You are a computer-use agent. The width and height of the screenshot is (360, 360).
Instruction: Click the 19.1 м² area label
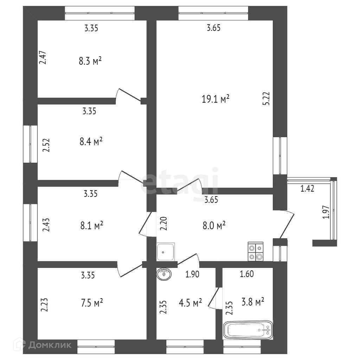(x=215, y=99)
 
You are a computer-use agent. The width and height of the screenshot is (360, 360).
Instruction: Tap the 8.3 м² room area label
(x=90, y=61)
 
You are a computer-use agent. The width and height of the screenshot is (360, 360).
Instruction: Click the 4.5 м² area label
(x=190, y=302)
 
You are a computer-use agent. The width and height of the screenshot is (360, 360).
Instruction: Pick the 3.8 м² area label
(x=252, y=302)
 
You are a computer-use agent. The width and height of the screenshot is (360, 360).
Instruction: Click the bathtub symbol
(x=248, y=330)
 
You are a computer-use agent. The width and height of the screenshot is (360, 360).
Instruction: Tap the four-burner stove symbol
(x=255, y=252)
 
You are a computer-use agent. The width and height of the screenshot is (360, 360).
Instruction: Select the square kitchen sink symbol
(x=166, y=252)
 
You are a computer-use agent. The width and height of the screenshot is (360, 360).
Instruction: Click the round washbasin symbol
(x=164, y=274)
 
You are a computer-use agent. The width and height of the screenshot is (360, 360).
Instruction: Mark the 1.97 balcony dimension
(x=326, y=212)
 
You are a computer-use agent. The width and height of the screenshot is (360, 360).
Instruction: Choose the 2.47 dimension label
(x=42, y=57)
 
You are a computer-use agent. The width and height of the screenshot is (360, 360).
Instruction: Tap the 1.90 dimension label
(x=192, y=274)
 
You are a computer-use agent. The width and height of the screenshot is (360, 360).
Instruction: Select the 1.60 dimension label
(x=247, y=274)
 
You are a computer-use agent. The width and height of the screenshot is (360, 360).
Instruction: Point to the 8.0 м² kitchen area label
(x=213, y=225)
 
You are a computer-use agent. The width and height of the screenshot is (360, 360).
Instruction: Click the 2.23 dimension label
(x=44, y=305)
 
